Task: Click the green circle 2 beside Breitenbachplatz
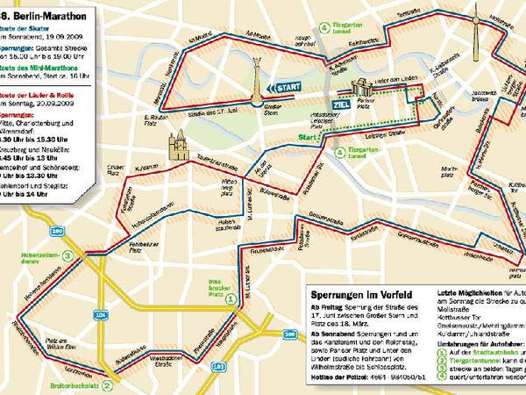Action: (105, 384)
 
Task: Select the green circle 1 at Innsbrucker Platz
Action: (231, 298)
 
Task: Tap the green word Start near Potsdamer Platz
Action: (306, 138)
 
